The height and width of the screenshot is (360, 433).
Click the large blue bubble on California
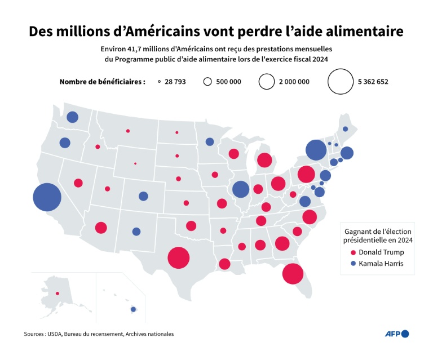pyautogui.click(x=47, y=197)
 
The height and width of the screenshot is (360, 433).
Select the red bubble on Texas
pyautogui.click(x=178, y=258)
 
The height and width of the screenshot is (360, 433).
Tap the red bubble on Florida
pyautogui.click(x=293, y=274)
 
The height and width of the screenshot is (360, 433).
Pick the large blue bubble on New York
pyautogui.click(x=316, y=150)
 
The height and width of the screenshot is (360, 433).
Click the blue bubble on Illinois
pyautogui.click(x=241, y=189)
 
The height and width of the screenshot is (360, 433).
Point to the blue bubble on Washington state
pyautogui.click(x=72, y=117)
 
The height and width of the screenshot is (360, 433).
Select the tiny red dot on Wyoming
pyautogui.click(x=135, y=164)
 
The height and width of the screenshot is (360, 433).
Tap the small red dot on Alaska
pyautogui.click(x=57, y=293)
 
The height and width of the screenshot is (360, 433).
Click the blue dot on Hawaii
pyautogui.click(x=134, y=309)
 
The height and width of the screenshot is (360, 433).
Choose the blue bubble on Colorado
pyautogui.click(x=143, y=196)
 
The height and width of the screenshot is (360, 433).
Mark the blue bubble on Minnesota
pyautogui.click(x=210, y=141)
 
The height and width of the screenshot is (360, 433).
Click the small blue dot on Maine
pyautogui.click(x=345, y=129)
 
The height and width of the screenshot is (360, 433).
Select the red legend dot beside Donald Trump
pyautogui.click(x=353, y=252)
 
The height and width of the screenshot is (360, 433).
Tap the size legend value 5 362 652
pyautogui.click(x=373, y=82)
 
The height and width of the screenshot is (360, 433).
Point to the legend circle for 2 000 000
pyautogui.click(x=266, y=82)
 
